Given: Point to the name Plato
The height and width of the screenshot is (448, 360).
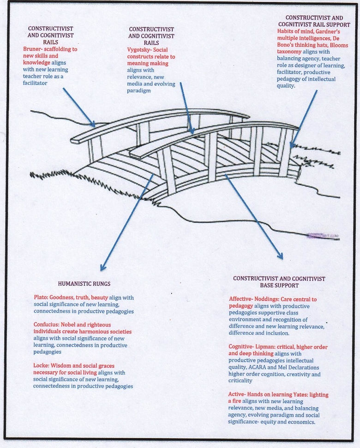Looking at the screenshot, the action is pos(40,298).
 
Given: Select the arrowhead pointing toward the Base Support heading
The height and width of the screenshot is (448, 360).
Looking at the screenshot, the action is pos(280,255).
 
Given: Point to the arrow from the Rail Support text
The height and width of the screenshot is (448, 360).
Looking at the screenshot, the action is pos(304,118).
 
